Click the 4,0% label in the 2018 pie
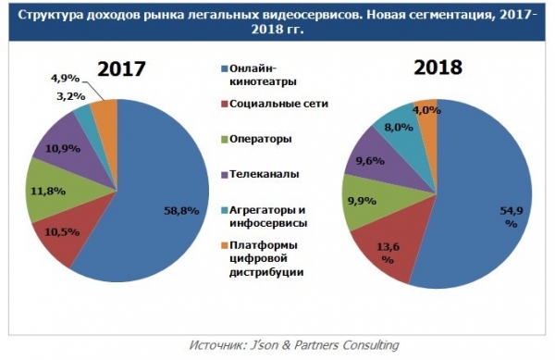(426, 111)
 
